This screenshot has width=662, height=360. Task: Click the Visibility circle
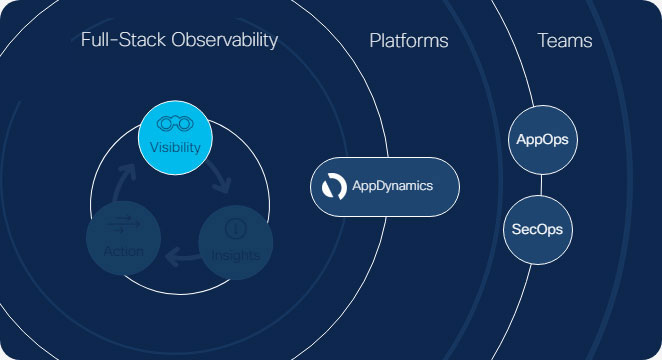(175, 138)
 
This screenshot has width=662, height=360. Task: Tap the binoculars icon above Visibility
(175, 125)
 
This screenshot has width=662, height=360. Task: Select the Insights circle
(235, 240)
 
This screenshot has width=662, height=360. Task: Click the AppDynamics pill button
(384, 186)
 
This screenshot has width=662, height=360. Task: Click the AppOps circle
(541, 140)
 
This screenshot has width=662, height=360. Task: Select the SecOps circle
(538, 229)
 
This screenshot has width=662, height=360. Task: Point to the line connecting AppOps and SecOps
(541, 185)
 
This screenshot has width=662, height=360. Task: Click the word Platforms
(408, 41)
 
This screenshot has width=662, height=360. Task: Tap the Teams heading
(564, 41)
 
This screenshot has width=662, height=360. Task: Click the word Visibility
(175, 148)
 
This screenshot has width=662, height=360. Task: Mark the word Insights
(235, 255)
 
